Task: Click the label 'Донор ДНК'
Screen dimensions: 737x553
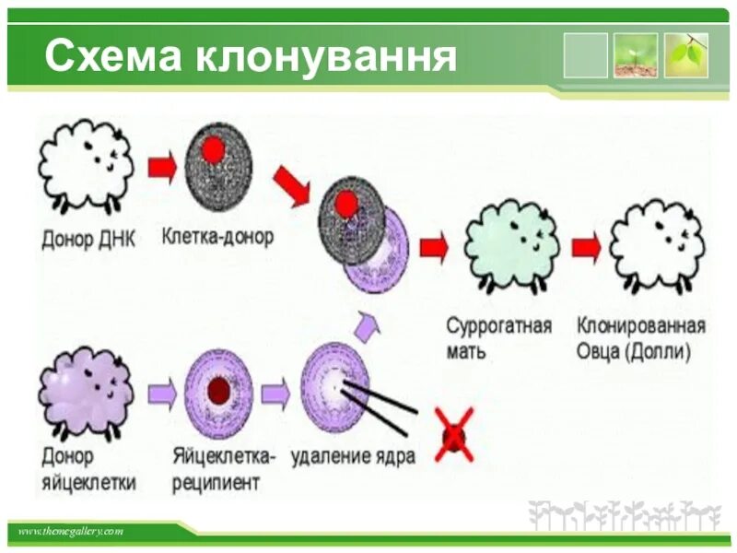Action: click(x=88, y=240)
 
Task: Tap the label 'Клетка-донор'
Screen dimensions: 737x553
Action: click(x=217, y=237)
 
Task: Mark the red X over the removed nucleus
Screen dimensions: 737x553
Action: click(x=453, y=433)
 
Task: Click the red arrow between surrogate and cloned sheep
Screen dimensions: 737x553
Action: click(x=585, y=247)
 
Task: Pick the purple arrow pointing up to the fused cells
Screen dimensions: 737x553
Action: click(x=365, y=322)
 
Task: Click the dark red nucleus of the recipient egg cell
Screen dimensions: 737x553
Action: click(x=218, y=392)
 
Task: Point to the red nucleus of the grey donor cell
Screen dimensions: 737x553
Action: click(x=214, y=148)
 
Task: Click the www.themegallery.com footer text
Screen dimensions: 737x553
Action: click(x=71, y=532)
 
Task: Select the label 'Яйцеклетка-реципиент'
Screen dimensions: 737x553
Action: click(x=223, y=468)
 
